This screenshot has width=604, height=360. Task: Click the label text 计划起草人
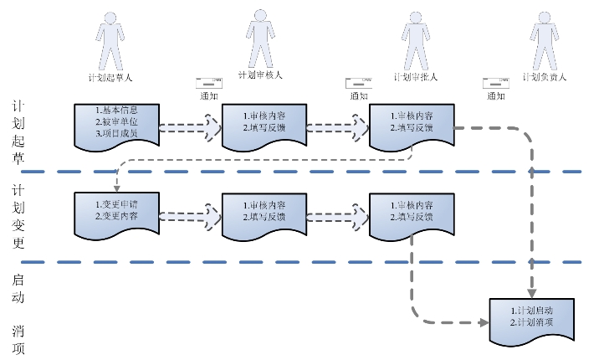[x=110, y=78]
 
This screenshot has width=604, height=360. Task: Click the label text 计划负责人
[x=545, y=77]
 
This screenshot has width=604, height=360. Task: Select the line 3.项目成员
[x=116, y=133]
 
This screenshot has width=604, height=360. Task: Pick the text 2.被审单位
[x=116, y=121]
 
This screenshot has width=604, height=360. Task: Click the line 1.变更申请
[x=116, y=203]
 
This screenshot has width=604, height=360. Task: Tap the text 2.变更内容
[x=116, y=215]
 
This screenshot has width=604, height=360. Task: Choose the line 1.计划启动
[x=531, y=311]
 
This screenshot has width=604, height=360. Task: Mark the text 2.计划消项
[x=531, y=322]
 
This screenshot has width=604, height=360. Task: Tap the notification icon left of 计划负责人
[x=496, y=83]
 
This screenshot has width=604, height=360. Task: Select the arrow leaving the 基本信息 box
[x=191, y=127]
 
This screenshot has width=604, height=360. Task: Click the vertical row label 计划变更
[x=19, y=217]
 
